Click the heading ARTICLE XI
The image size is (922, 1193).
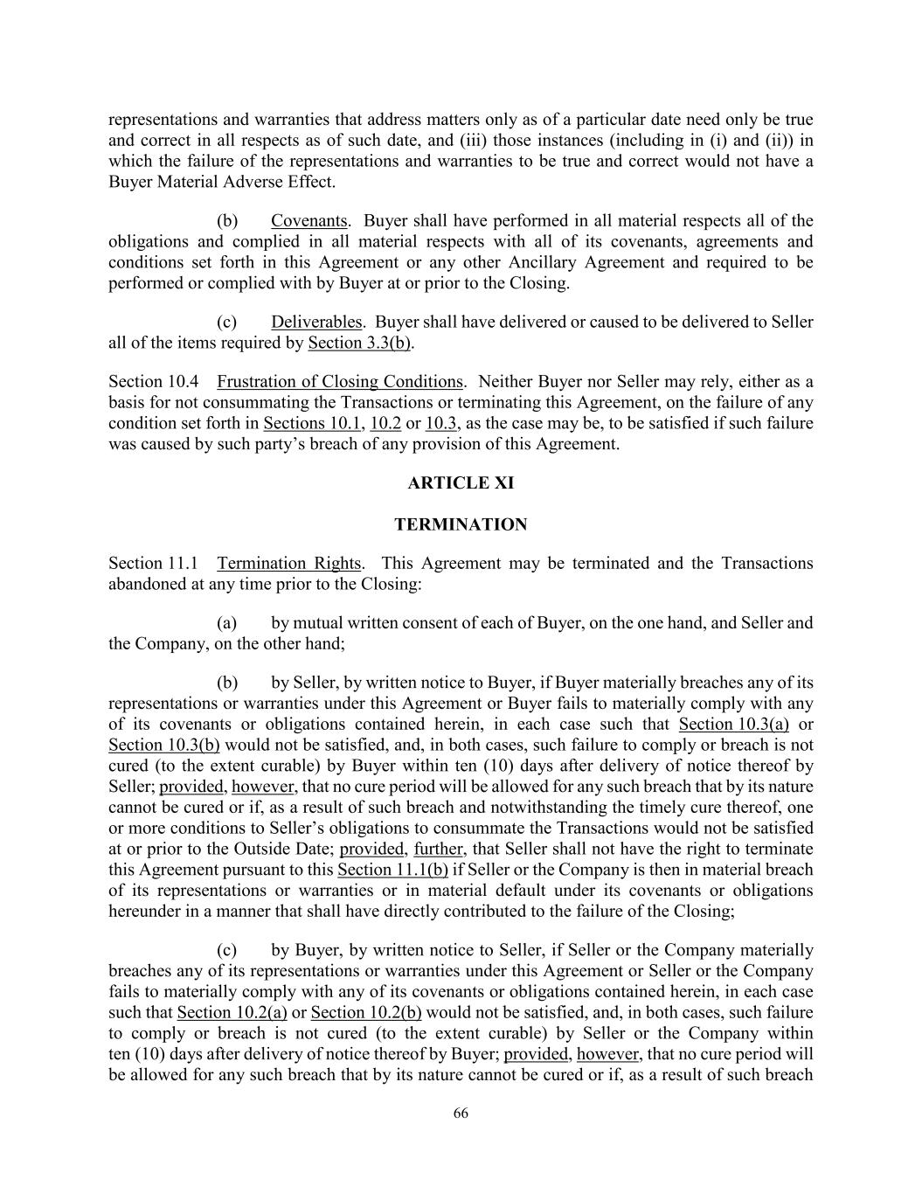tap(461, 483)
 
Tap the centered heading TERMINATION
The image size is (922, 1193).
tap(461, 524)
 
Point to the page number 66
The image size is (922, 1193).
tap(461, 1113)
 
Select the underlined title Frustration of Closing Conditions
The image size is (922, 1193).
tap(340, 382)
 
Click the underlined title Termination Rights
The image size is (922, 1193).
tap(288, 564)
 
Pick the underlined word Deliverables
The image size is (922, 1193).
tap(315, 323)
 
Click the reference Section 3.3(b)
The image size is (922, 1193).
tap(359, 343)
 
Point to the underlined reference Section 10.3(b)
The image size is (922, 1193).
tap(164, 745)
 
